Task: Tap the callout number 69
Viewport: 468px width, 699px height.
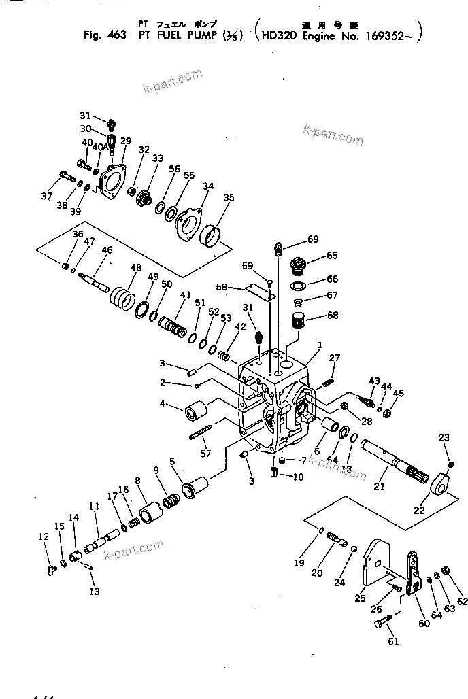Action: [313, 239]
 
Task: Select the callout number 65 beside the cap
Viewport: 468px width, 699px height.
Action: [332, 256]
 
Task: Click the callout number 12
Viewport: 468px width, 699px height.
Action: [44, 537]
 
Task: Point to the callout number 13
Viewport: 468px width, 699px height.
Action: [95, 591]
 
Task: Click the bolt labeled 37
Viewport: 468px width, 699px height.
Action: [66, 178]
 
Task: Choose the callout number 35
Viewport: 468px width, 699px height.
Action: [229, 198]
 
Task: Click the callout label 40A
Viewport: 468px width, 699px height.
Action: [100, 146]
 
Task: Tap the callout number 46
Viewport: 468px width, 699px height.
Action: [107, 250]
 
